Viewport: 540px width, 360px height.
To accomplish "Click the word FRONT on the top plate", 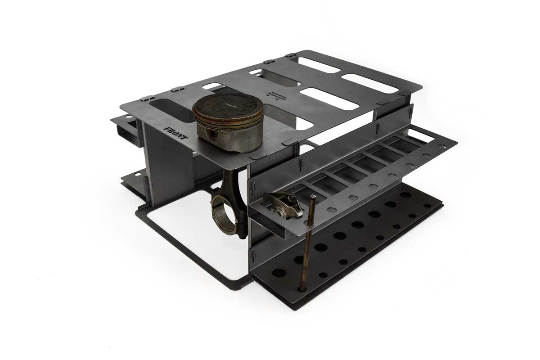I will [x=175, y=134].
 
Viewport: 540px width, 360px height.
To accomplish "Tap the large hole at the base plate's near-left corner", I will [x=279, y=273].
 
